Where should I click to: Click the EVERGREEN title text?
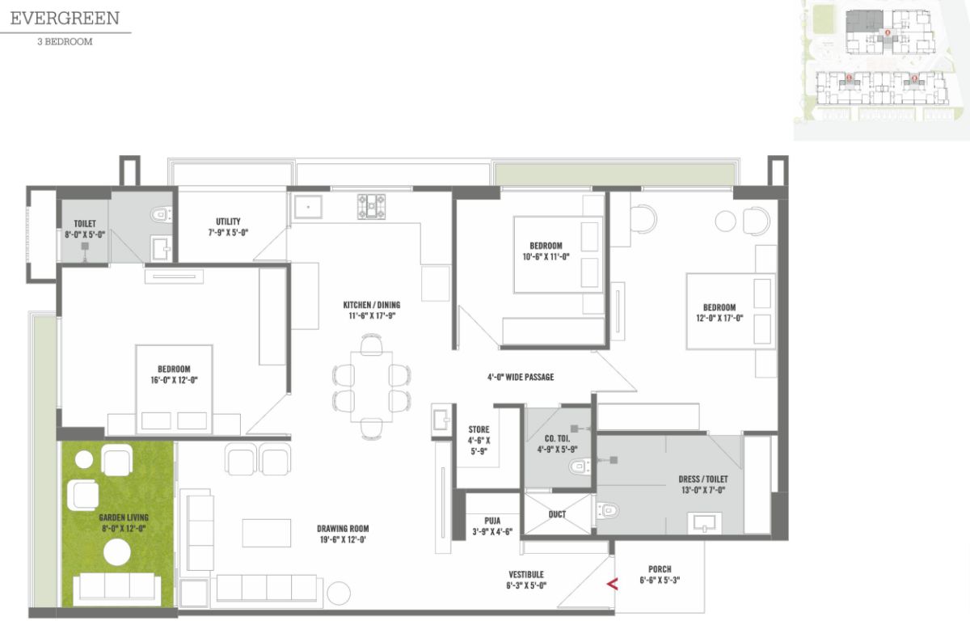[65, 18]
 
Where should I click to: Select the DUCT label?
[557, 514]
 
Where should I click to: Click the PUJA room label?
[492, 521]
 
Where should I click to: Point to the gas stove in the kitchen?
[371, 206]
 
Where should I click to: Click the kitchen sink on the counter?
[308, 207]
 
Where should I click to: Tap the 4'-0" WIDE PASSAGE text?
[521, 377]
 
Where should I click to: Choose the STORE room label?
[479, 429]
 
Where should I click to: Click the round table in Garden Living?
[117, 552]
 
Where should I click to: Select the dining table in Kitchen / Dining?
[372, 386]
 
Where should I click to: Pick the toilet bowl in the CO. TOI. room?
[580, 467]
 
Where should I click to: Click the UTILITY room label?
[228, 222]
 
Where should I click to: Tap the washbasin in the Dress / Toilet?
[705, 523]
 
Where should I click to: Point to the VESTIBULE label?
[526, 574]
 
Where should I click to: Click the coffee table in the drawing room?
[266, 533]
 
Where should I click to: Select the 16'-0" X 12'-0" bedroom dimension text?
[174, 380]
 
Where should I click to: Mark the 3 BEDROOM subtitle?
[65, 42]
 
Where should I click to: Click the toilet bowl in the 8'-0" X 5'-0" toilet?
[162, 214]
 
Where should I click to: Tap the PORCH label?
[660, 569]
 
